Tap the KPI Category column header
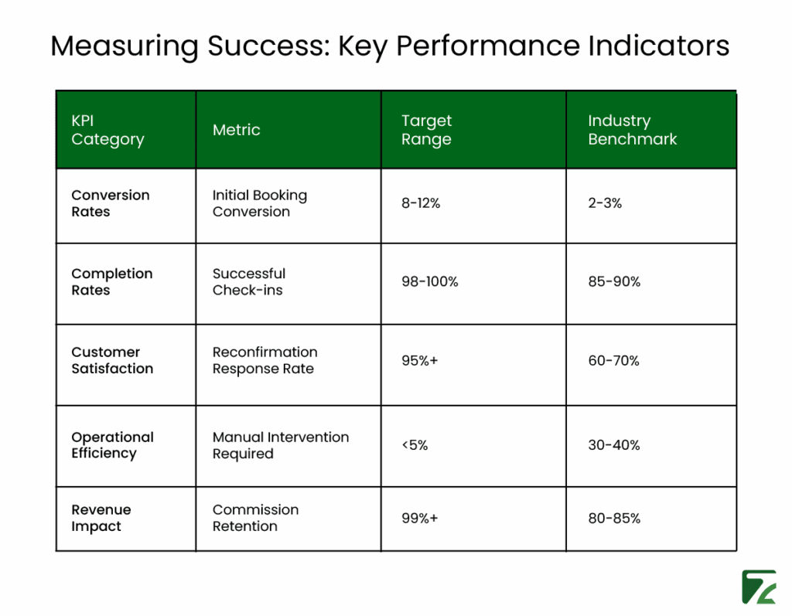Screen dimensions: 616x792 [108, 130]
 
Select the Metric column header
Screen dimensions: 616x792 [236, 130]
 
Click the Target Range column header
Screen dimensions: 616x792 [426, 130]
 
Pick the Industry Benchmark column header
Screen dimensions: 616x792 [632, 130]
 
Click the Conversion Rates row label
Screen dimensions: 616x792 [111, 203]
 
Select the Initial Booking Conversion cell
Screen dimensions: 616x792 [259, 203]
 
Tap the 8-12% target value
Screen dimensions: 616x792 [421, 203]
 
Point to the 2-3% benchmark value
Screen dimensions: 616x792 [605, 203]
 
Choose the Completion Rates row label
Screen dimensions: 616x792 [112, 282]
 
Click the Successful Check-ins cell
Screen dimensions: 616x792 [249, 282]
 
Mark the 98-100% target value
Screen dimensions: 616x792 [429, 282]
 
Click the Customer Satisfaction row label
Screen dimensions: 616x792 [112, 360]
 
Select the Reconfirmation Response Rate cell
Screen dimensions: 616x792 [265, 360]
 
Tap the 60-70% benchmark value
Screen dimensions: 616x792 [613, 361]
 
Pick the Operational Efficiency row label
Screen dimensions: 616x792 [112, 445]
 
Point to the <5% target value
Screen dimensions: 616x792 [415, 445]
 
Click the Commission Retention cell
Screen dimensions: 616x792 [255, 518]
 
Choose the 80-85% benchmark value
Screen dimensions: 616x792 [614, 518]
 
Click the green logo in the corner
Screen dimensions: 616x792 [758, 587]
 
